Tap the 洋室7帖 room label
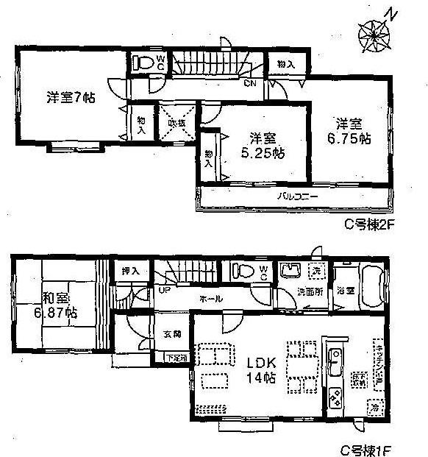coord(71,96)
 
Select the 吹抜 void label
coord(176,122)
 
